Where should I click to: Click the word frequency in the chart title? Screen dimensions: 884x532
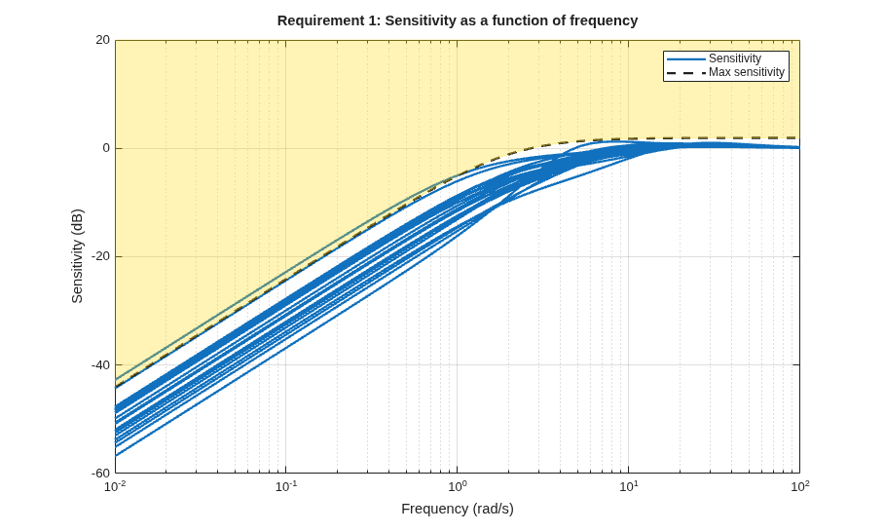[x=604, y=20]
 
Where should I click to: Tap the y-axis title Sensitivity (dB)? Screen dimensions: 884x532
[x=77, y=256]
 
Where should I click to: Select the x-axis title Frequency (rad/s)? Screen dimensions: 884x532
[x=458, y=509]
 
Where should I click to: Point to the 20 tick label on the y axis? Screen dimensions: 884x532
[x=102, y=40]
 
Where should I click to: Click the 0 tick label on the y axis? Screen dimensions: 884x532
[x=106, y=148]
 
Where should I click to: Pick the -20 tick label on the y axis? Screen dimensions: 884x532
[x=101, y=256]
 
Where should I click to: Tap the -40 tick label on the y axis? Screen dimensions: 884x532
[x=101, y=364]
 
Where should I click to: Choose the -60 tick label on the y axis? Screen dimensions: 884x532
[x=101, y=473]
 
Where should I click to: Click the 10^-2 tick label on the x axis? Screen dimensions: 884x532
[x=115, y=486]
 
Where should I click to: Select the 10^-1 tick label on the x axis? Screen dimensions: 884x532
[x=286, y=486]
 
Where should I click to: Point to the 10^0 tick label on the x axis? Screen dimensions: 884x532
[x=458, y=486]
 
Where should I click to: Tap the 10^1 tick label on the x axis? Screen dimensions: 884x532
[x=629, y=486]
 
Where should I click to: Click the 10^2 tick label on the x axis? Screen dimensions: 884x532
[x=799, y=486]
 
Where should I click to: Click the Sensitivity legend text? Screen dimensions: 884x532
[x=735, y=58]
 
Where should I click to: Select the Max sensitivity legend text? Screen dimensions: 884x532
[x=747, y=72]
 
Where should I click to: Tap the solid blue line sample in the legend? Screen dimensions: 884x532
[x=685, y=58]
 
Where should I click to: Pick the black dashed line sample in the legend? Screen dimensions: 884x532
[x=685, y=73]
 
